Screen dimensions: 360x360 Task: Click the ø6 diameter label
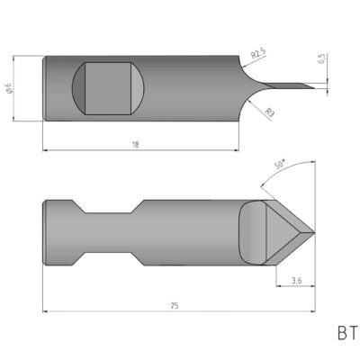[32, 87]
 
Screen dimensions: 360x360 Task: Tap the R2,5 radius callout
[259, 55]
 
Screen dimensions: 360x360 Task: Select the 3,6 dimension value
[297, 282]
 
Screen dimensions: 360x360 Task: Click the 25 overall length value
[175, 306]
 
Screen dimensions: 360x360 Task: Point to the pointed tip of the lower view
[312, 231]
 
